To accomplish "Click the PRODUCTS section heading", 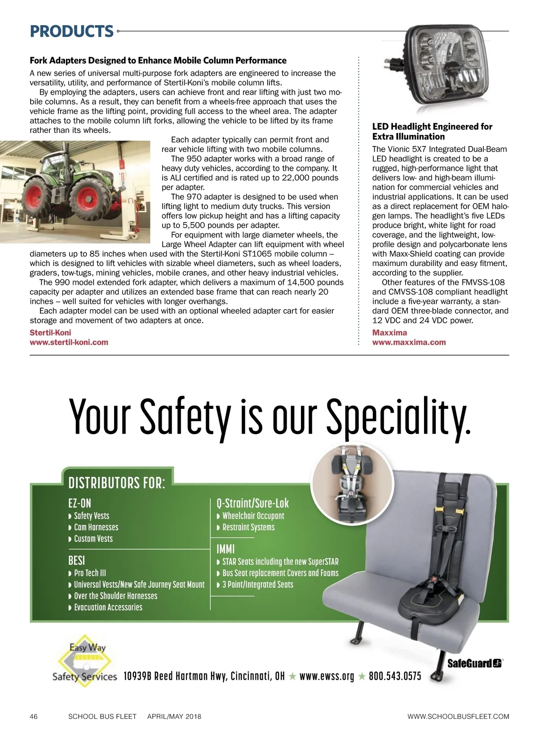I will [x=71, y=31].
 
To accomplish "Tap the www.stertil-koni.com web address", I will [x=69, y=342].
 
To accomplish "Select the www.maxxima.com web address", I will [x=409, y=342].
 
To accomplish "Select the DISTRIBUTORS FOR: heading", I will [x=117, y=483].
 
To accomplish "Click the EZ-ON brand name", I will [x=80, y=503].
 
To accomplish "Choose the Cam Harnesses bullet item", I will [x=96, y=527].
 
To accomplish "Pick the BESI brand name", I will [x=76, y=560].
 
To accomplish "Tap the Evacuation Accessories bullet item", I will [x=108, y=607].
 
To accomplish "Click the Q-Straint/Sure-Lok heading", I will [x=252, y=503].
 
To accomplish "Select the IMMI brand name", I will [x=225, y=549].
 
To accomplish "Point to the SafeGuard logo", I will [x=474, y=664].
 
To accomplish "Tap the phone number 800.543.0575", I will [x=395, y=676].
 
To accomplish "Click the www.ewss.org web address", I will [x=327, y=676].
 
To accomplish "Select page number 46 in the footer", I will [x=34, y=716].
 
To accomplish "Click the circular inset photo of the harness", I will [x=352, y=485].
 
